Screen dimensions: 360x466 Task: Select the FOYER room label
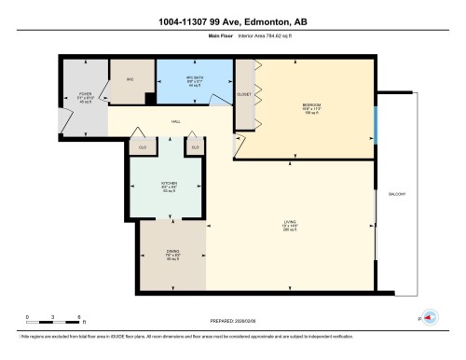pyautogui.click(x=85, y=96)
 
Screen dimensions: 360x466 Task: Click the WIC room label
pyautogui.click(x=131, y=80)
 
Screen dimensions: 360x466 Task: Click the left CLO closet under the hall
pyautogui.click(x=143, y=147)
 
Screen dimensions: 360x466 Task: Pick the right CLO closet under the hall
pyautogui.click(x=195, y=147)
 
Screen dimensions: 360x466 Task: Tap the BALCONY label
pyautogui.click(x=395, y=194)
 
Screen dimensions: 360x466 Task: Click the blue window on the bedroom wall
pyautogui.click(x=376, y=121)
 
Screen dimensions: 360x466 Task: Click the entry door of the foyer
pyautogui.click(x=64, y=118)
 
